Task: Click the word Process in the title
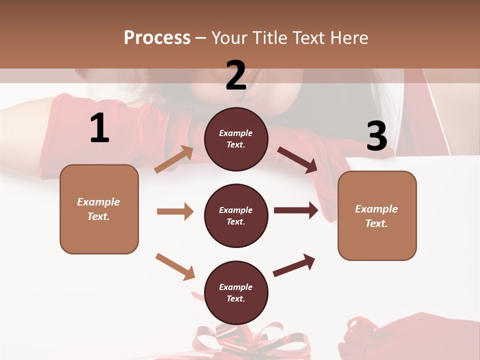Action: tap(157, 38)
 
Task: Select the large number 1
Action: tap(99, 128)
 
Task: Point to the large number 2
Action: tap(236, 75)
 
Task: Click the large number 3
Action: tap(376, 136)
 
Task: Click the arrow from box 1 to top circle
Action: tap(174, 159)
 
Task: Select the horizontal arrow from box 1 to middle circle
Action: tap(175, 211)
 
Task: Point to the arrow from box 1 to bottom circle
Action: tap(175, 266)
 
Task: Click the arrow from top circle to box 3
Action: tap(297, 160)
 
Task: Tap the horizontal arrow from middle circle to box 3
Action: tap(295, 210)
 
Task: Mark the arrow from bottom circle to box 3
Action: tap(294, 265)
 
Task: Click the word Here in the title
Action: tap(350, 38)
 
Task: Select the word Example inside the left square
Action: tap(98, 202)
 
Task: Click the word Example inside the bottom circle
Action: tap(236, 287)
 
